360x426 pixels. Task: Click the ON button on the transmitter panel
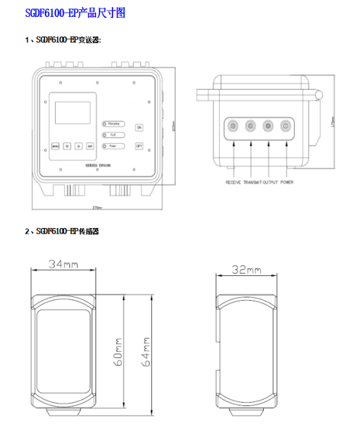[x=139, y=127]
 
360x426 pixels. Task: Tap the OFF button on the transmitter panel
[x=139, y=146]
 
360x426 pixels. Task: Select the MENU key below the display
[x=55, y=146]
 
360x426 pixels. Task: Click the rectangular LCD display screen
[x=73, y=112]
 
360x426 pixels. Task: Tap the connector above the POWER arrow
[x=285, y=127]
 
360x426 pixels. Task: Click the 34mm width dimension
[x=62, y=264]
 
